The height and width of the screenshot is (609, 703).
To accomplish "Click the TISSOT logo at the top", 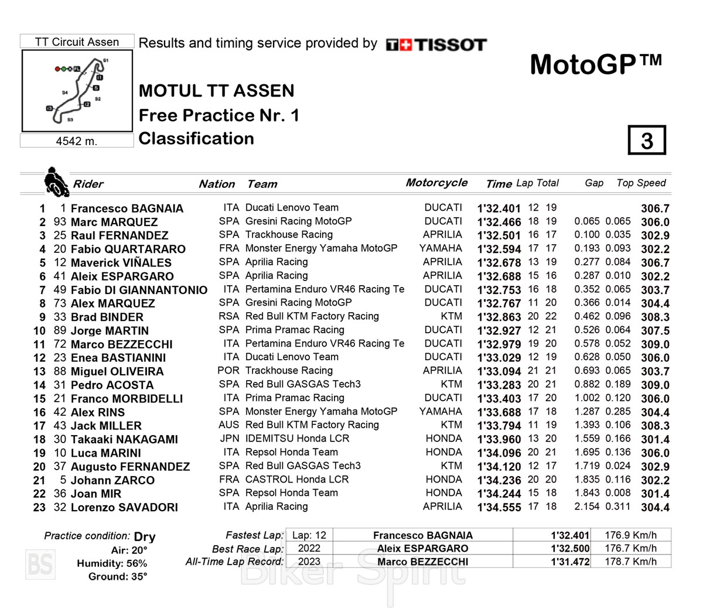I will click(436, 45).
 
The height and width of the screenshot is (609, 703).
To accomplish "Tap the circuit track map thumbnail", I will click(77, 91).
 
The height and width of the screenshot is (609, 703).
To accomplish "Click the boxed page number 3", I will click(647, 140).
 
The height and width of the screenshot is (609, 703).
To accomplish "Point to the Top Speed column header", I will click(641, 183).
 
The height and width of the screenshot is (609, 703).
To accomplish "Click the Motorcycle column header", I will click(436, 183).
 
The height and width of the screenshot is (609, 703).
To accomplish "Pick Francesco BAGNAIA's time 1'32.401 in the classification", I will click(499, 208).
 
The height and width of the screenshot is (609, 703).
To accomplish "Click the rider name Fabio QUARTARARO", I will click(128, 249).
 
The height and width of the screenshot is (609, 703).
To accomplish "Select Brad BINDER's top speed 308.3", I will click(655, 317).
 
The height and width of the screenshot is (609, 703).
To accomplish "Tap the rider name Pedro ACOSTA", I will click(112, 385).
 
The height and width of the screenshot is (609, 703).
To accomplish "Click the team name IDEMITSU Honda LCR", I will click(297, 439).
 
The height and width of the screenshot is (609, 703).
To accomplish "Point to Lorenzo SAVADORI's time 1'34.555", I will click(499, 508).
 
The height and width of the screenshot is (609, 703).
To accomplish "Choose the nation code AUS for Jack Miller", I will click(229, 425).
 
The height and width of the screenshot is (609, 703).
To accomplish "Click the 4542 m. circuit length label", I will click(77, 141).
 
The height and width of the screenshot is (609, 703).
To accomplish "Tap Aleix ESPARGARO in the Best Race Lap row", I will click(422, 549).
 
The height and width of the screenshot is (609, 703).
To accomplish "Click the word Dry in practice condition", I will click(145, 536).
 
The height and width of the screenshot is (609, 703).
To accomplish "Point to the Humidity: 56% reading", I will click(112, 563).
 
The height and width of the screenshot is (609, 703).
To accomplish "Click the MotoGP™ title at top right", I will click(596, 64).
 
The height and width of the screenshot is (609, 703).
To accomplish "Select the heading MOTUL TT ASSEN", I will click(216, 91).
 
